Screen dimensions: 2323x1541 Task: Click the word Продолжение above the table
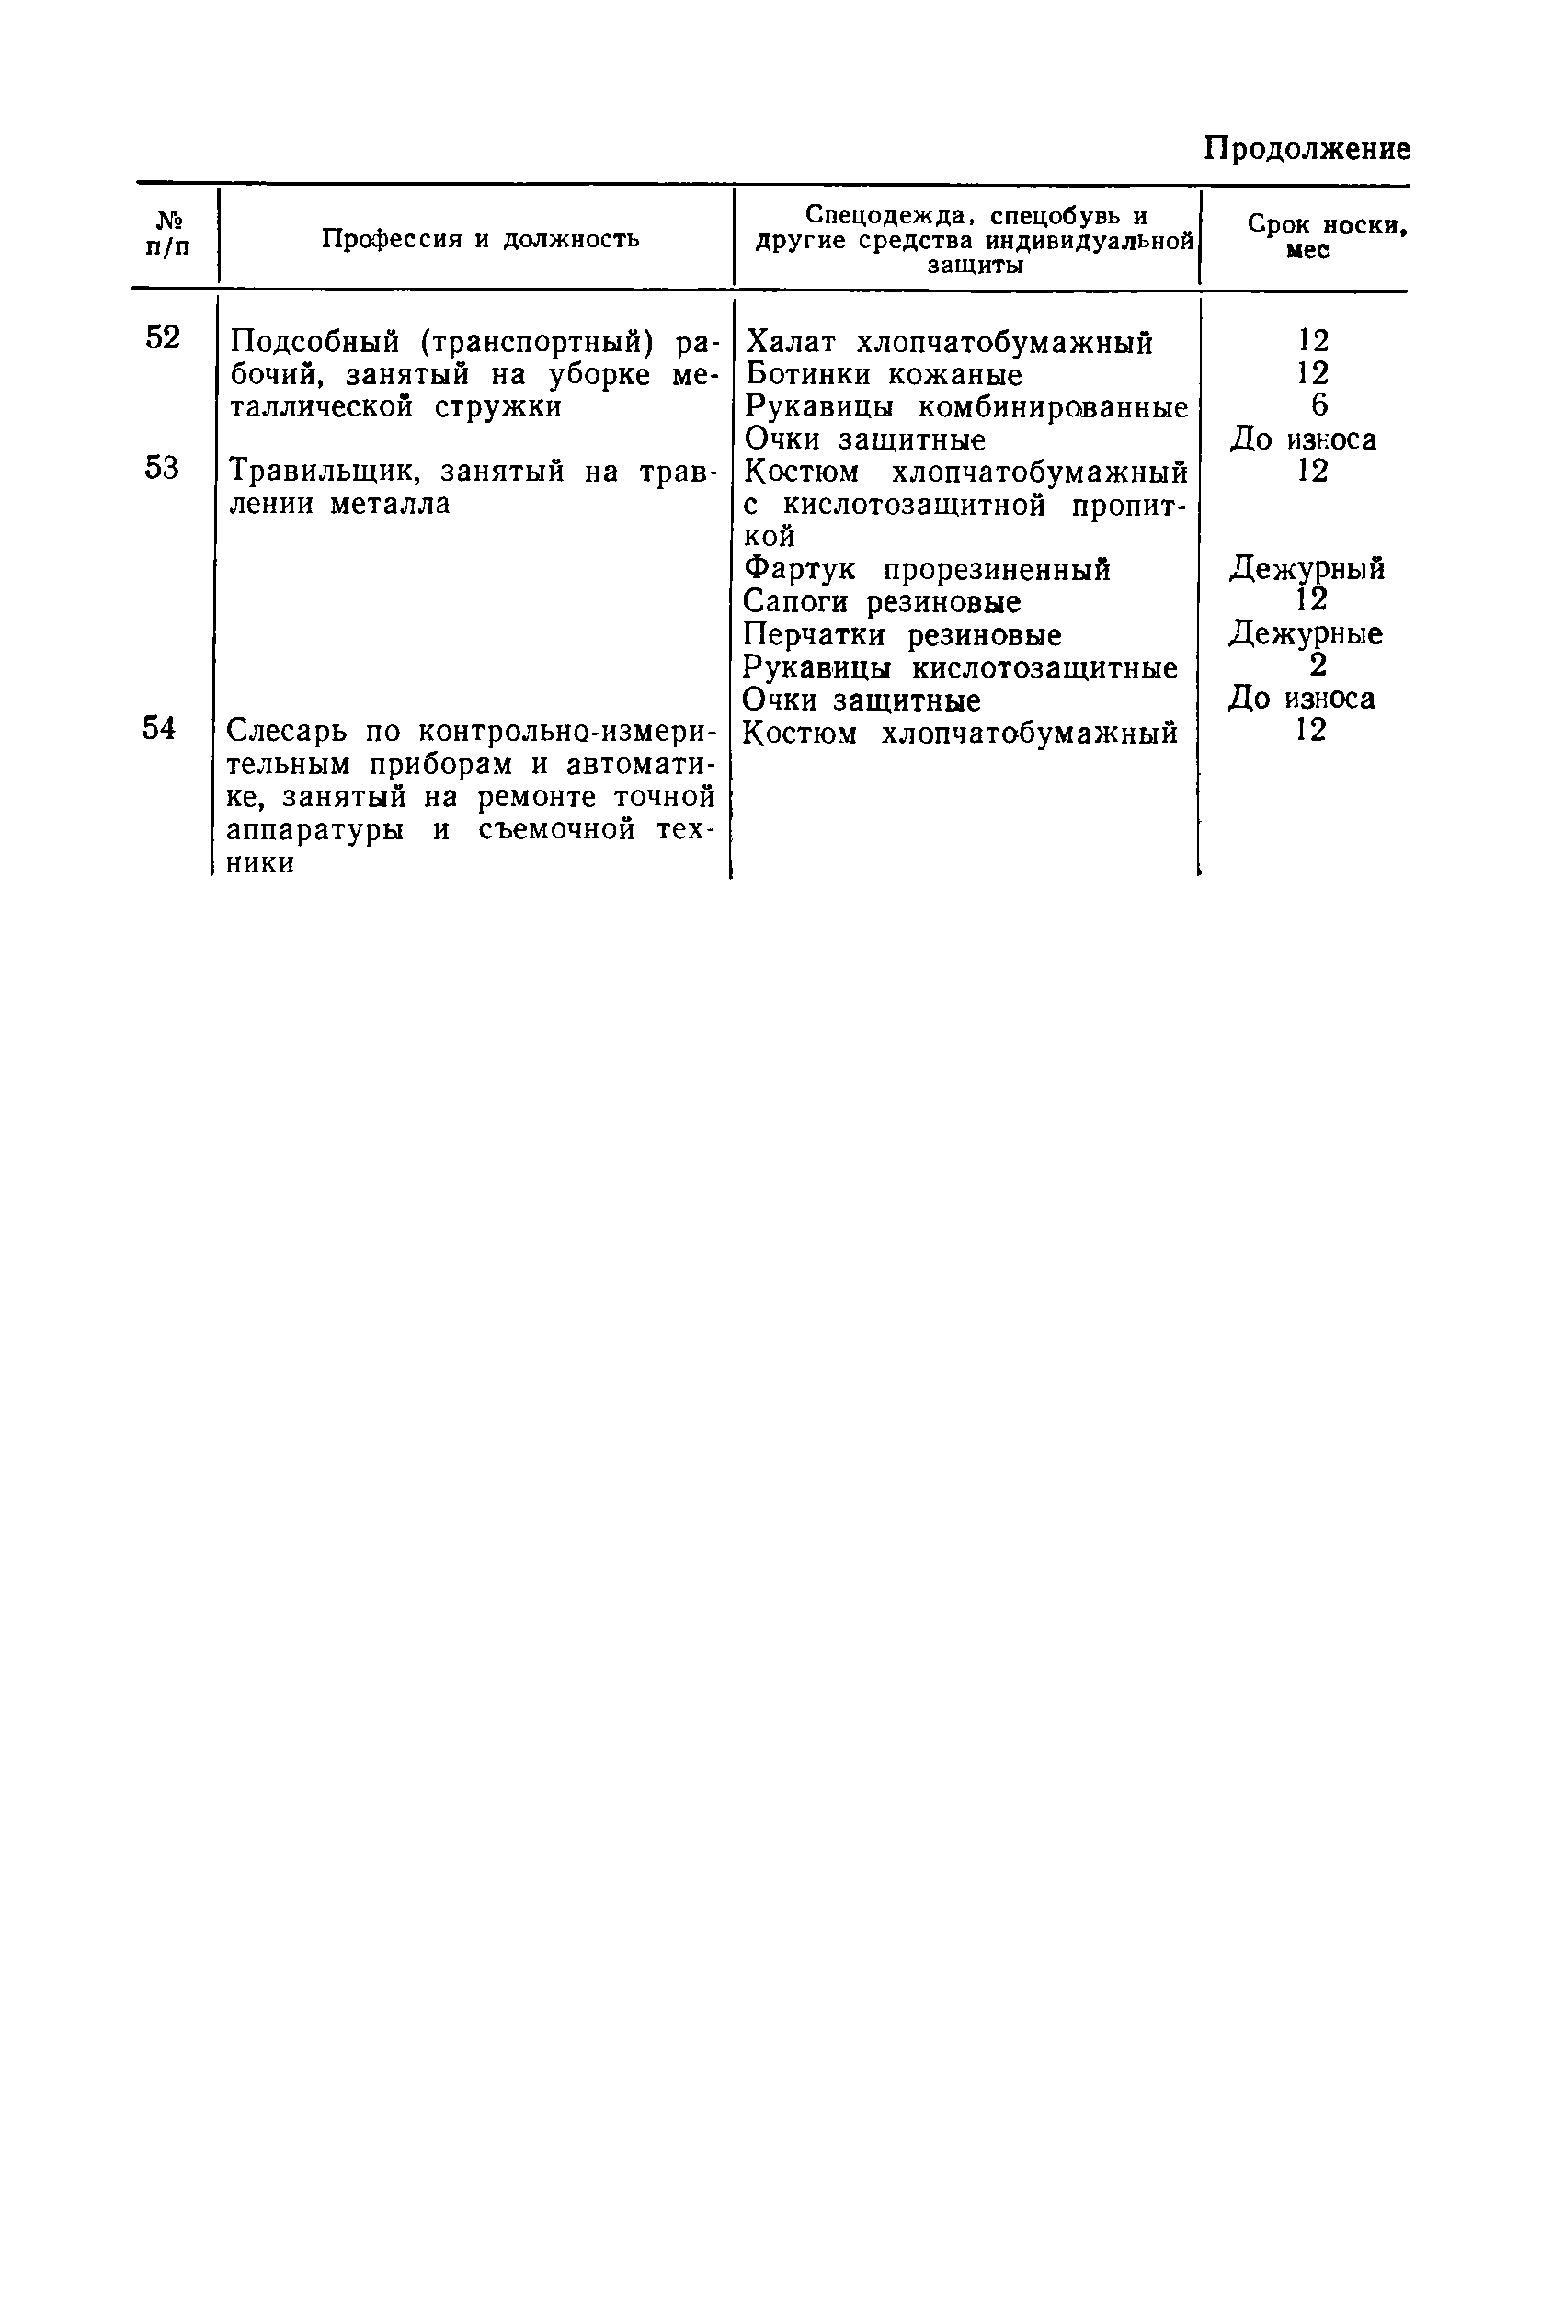(x=1307, y=149)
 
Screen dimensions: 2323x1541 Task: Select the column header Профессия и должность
(x=481, y=239)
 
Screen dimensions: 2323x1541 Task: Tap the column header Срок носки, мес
(x=1326, y=236)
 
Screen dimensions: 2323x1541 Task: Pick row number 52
(x=163, y=338)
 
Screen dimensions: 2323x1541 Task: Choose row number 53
(x=162, y=469)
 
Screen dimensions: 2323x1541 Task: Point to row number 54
(x=160, y=729)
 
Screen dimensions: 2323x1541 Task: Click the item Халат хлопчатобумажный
(x=950, y=343)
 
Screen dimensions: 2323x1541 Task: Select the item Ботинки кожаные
(x=885, y=374)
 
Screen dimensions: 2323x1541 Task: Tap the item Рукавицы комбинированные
(x=967, y=407)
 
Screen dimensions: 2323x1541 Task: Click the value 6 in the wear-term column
(x=1318, y=404)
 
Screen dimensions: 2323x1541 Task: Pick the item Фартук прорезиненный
(x=927, y=570)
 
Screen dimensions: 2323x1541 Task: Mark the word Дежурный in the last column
(x=1307, y=568)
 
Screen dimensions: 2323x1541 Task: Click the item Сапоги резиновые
(x=882, y=602)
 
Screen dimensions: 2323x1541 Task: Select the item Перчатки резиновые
(x=902, y=635)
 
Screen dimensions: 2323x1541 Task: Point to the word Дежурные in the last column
(x=1305, y=633)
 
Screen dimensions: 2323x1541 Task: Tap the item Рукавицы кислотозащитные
(x=960, y=668)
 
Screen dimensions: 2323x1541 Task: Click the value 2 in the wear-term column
(x=1318, y=666)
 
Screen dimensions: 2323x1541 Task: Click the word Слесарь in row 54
(x=288, y=733)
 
